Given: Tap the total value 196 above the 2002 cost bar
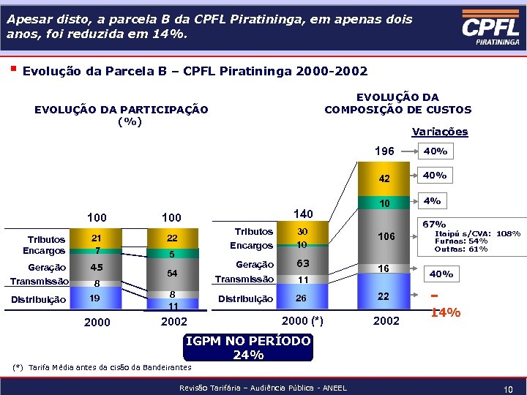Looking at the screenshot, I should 384,151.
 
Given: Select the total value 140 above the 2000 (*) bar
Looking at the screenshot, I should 302,214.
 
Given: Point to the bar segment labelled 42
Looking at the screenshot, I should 384,178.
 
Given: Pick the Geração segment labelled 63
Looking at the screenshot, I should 302,264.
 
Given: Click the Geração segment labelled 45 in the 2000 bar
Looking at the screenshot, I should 96,268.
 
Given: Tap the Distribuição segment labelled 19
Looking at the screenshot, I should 96,298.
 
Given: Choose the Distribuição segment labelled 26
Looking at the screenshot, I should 302,298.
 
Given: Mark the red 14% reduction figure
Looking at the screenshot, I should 445,312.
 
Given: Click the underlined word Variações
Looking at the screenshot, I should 439,132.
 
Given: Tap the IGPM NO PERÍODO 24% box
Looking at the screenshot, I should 248,348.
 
